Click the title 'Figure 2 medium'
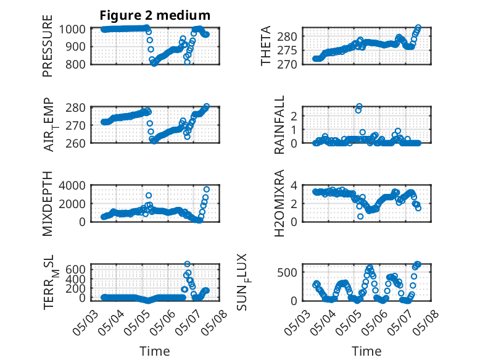point(155,15)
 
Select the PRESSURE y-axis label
point(48,46)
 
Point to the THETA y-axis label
point(266,46)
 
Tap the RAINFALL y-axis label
point(279,124)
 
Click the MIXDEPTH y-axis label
point(48,203)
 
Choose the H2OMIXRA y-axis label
point(279,203)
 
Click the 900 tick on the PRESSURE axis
point(75,47)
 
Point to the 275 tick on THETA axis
point(287,51)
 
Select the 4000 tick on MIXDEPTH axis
point(72,186)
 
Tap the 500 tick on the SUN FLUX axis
point(287,272)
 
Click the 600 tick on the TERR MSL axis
point(75,269)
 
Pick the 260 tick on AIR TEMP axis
point(75,143)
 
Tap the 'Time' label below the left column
point(155,351)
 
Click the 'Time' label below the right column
point(366,351)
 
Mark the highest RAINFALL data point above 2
point(359,106)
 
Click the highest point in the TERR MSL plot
point(187,264)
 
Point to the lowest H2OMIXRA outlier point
point(360,216)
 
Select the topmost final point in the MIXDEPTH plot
point(206,190)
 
